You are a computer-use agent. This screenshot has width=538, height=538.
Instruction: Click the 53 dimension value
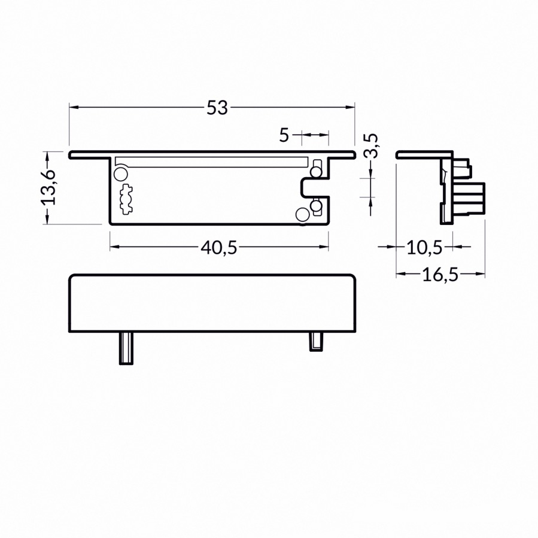tap(217, 108)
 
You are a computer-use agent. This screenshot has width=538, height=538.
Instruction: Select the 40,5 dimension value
tap(219, 247)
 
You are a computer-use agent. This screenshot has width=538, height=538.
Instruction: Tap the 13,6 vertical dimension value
tap(48, 187)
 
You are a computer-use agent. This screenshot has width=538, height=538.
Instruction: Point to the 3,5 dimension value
tap(371, 145)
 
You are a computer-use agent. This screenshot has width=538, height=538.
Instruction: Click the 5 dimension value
tap(284, 135)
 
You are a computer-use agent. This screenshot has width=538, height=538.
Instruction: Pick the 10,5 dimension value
tap(424, 247)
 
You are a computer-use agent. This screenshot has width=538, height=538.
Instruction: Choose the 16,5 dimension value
tap(440, 275)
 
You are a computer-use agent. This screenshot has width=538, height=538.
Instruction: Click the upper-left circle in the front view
tap(120, 174)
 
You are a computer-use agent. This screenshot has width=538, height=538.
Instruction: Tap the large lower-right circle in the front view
tap(302, 214)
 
